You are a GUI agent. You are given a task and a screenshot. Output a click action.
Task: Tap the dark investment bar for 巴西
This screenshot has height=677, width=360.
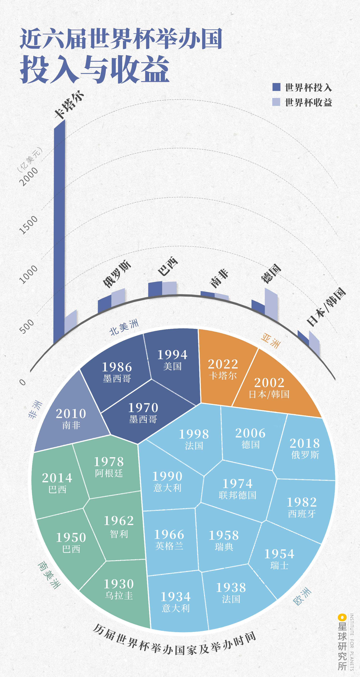click(x=155, y=289)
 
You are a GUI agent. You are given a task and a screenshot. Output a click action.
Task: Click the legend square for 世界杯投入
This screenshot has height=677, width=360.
click(x=276, y=87)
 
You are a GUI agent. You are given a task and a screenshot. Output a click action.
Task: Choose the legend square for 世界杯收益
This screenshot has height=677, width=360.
click(x=276, y=102)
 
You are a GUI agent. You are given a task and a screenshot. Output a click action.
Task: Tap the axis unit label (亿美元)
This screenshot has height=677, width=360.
click(x=30, y=160)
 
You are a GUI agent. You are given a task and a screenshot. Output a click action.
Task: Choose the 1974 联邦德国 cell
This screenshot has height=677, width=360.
click(x=237, y=489)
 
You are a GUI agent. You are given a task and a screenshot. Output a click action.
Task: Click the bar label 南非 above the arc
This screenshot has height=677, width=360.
click(x=219, y=278)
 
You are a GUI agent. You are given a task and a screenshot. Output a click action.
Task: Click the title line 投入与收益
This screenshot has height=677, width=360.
click(x=95, y=70)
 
